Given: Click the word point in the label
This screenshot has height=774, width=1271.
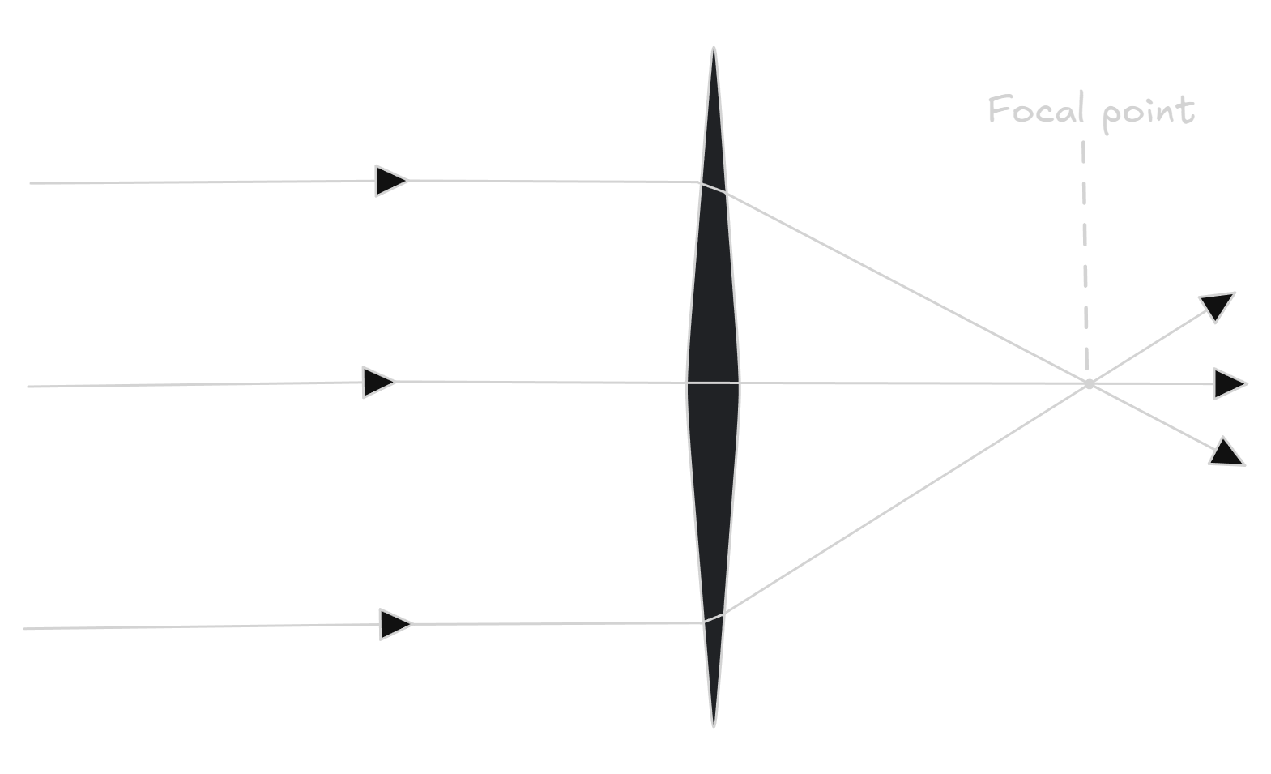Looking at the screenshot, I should click(1149, 112).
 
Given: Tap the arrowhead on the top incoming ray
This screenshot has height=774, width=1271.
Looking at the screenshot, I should click(390, 180).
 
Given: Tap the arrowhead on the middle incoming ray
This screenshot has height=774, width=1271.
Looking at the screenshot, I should click(378, 382).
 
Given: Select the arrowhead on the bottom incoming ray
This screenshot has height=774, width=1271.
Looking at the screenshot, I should click(395, 624).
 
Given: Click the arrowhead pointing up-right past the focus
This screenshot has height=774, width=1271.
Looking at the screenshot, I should click(1218, 306).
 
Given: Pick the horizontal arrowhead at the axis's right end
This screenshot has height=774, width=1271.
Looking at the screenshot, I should click(1229, 383).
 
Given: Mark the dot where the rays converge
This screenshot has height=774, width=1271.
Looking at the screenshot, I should click(1089, 383).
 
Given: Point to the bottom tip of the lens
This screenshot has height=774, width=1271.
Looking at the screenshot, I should click(714, 725).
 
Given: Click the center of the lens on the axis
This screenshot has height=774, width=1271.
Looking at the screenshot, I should click(713, 383).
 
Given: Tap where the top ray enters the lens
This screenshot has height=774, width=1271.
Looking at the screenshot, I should click(700, 183).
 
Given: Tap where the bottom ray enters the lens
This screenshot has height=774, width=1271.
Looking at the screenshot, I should click(702, 622).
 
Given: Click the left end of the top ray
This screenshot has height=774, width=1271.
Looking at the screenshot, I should click(31, 183).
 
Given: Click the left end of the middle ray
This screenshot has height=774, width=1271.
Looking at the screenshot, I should click(28, 387).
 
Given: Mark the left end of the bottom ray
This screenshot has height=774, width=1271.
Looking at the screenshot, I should click(24, 628).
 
